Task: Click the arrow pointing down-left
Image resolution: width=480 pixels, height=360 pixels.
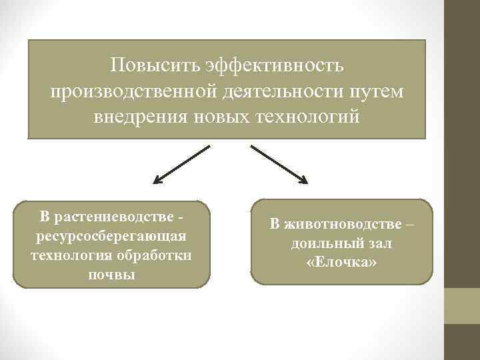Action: pyautogui.click(x=181, y=165)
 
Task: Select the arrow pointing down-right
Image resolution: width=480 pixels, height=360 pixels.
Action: pyautogui.click(x=279, y=165)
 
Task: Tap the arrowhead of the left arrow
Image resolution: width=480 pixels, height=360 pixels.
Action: pyautogui.click(x=157, y=180)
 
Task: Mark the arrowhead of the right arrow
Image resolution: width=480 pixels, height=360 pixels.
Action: pyautogui.click(x=303, y=179)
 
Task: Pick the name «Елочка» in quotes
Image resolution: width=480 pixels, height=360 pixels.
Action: pyautogui.click(x=342, y=263)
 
